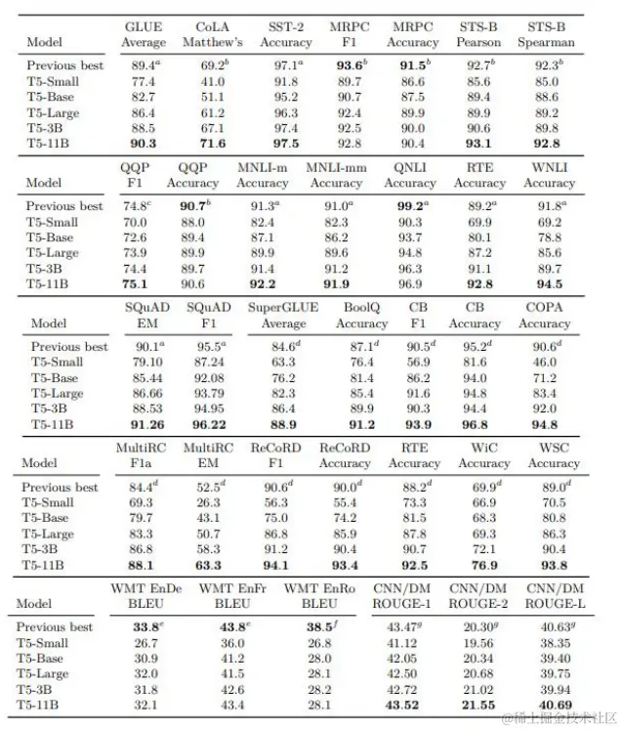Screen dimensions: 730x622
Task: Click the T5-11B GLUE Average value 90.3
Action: point(144,144)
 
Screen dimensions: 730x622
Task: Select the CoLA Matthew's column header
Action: point(213,34)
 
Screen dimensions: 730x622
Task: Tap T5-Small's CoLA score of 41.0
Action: point(213,81)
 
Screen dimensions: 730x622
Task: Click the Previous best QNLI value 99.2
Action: point(409,206)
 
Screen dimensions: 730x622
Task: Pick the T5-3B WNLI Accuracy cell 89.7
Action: point(550,269)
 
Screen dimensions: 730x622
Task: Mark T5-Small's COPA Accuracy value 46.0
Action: point(544,363)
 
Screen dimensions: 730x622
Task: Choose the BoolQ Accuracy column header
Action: point(361,315)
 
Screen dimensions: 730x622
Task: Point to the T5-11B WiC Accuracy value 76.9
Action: point(484,565)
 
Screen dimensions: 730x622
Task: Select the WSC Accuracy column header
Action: point(554,455)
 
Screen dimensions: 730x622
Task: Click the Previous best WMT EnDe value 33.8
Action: point(147,626)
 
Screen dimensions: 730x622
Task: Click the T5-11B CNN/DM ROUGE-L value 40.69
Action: point(555,706)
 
